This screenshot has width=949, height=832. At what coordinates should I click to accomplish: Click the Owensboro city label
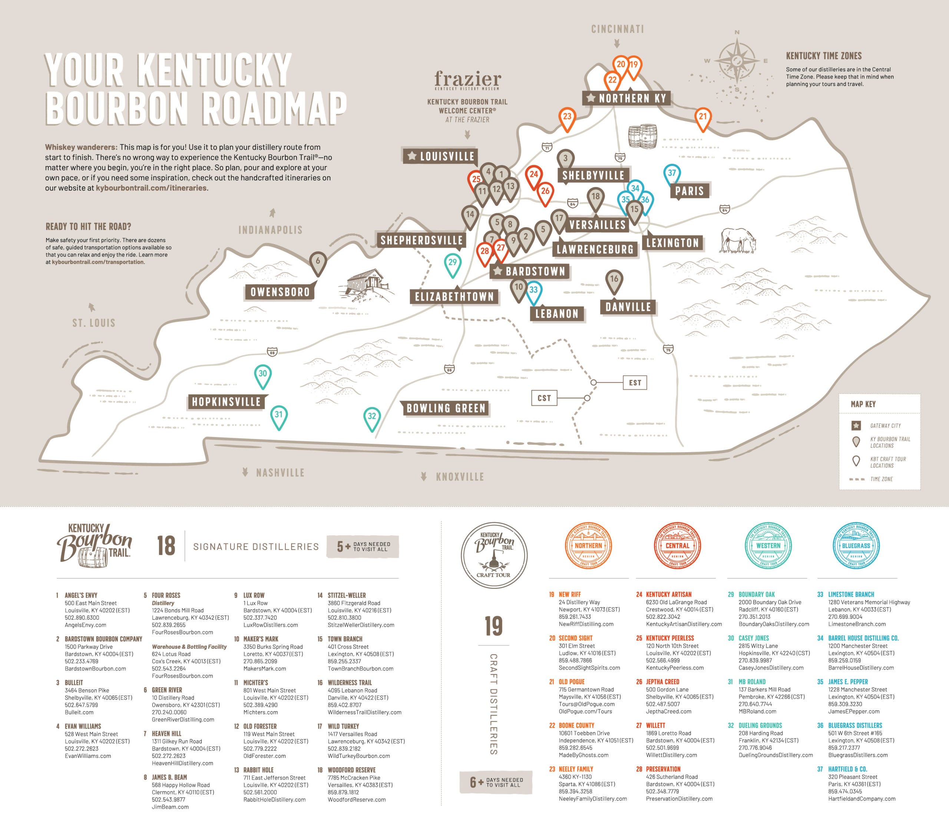tap(280, 292)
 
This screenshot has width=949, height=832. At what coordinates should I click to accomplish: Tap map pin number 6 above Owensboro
tap(318, 261)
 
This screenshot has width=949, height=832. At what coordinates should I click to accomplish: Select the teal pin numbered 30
tap(263, 374)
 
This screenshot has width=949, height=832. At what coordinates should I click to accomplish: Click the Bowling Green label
tap(446, 408)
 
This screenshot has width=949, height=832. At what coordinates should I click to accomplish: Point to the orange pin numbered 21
tap(702, 117)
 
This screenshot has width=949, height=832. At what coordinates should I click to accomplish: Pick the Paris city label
tap(690, 191)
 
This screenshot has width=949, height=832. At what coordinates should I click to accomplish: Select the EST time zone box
tap(635, 382)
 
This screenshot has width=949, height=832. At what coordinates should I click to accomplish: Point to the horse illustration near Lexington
tap(738, 240)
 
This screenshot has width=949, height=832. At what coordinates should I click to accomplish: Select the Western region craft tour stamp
tap(768, 545)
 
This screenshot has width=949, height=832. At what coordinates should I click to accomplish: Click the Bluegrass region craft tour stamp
tap(856, 545)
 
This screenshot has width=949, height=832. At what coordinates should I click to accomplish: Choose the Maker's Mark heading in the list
tap(261, 639)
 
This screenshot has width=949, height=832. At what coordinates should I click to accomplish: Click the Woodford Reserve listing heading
tap(351, 770)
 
